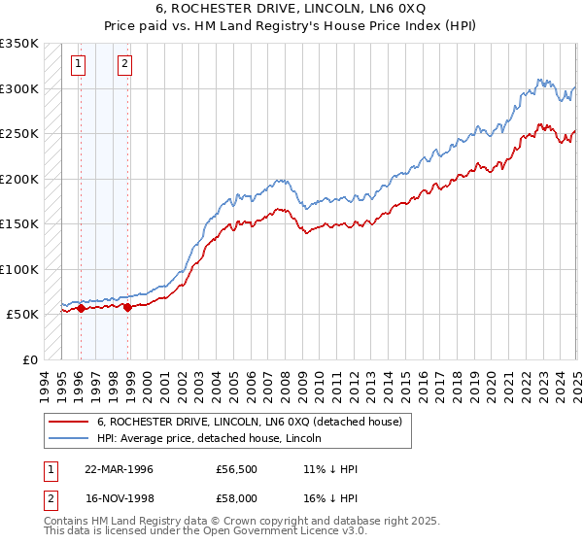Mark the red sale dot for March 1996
81,309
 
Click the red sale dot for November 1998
127,308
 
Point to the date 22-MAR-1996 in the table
120,468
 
